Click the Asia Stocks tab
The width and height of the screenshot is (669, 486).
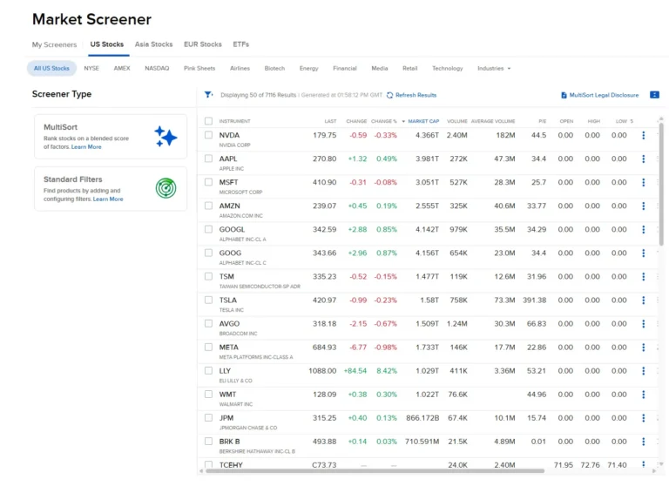click(153, 44)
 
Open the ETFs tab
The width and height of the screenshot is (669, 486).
click(240, 44)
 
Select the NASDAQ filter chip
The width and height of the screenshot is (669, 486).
click(157, 68)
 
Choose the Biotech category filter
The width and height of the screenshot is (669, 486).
click(274, 68)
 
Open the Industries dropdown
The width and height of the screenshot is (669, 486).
click(494, 68)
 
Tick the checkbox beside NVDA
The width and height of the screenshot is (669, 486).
click(208, 135)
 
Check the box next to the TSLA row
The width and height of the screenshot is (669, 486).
click(208, 300)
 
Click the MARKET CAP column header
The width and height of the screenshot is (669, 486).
click(423, 121)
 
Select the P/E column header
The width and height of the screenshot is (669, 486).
click(542, 121)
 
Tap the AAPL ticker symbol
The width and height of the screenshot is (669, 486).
click(229, 159)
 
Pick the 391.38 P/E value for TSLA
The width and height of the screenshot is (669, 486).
click(534, 300)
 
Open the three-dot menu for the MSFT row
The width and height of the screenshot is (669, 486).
click(644, 182)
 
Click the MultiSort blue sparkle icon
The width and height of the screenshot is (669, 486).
click(166, 137)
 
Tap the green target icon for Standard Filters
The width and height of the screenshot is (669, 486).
click(166, 188)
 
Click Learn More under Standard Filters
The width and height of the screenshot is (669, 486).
click(108, 199)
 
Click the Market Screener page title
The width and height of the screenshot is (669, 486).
click(91, 19)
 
